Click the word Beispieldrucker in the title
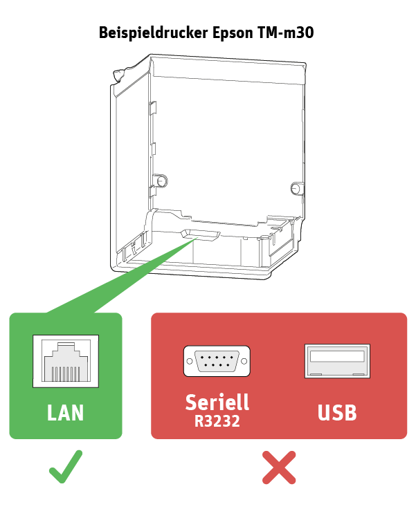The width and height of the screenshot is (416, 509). click(x=153, y=33)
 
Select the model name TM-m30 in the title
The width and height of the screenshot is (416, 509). click(x=286, y=33)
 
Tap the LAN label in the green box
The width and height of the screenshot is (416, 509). click(x=65, y=413)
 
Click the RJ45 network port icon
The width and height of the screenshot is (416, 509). click(x=66, y=361)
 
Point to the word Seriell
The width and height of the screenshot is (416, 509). click(x=217, y=402)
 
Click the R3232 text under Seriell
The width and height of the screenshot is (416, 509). click(x=217, y=421)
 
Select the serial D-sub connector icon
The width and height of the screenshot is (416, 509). click(x=217, y=361)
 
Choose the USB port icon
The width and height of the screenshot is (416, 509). click(x=337, y=361)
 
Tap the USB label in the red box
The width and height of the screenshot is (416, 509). click(x=337, y=413)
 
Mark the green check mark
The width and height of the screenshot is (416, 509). click(x=65, y=467)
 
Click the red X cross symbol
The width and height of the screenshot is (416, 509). click(x=279, y=468)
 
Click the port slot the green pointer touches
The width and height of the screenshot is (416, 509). click(x=201, y=235)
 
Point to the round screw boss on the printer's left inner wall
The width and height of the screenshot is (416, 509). click(x=161, y=181)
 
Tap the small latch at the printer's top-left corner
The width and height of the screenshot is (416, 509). click(x=118, y=75)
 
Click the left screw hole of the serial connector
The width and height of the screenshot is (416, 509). click(x=190, y=361)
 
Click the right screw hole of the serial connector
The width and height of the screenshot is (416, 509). click(x=244, y=361)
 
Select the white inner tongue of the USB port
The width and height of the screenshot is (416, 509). click(x=337, y=356)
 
